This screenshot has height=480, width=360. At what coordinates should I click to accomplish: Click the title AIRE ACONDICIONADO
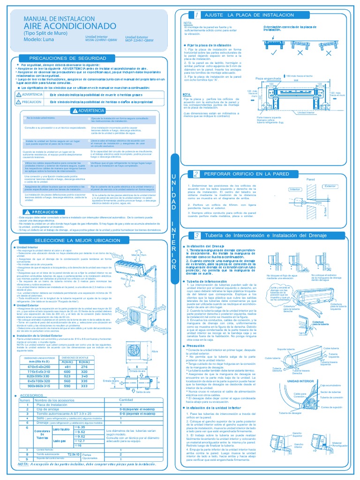point(67,25)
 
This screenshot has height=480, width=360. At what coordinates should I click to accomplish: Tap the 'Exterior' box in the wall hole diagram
point(330,186)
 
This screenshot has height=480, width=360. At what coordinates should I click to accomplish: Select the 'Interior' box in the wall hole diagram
point(295,189)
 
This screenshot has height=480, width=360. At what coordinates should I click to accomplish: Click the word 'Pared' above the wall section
point(310,179)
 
